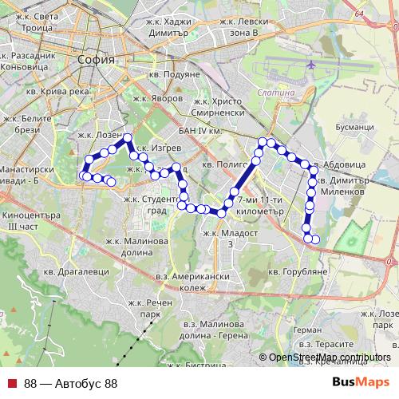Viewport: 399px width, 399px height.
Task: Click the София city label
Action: coord(97,60)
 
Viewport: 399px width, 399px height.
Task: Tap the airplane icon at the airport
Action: coord(310,64)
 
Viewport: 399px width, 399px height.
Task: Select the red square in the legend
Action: coord(12,384)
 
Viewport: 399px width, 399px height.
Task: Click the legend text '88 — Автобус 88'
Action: coord(71,384)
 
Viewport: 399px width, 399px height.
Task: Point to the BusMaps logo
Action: coord(361,383)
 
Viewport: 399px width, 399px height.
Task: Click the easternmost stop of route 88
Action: coord(316,239)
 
